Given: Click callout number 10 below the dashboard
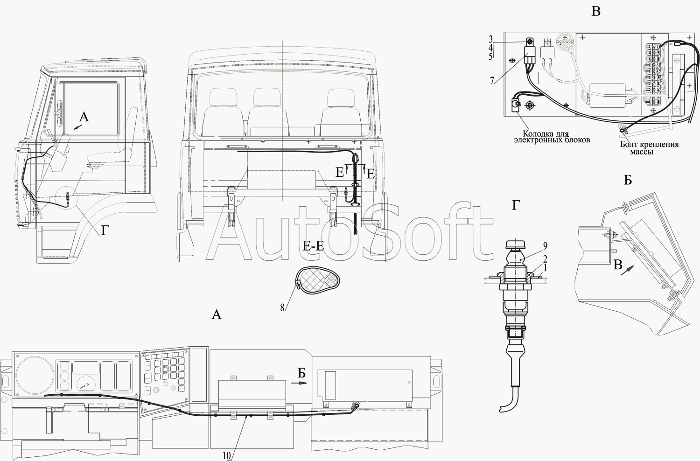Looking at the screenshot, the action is (x=227, y=456).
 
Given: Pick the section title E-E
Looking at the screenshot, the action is (x=313, y=246).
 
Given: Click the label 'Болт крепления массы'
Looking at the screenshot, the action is (x=649, y=148).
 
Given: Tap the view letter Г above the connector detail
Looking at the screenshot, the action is (x=515, y=205).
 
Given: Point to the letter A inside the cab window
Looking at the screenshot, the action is (x=84, y=117).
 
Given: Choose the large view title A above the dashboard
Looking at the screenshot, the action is (x=216, y=315).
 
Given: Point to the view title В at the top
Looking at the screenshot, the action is (x=596, y=11).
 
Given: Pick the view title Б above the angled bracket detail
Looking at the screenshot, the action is (x=628, y=181).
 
